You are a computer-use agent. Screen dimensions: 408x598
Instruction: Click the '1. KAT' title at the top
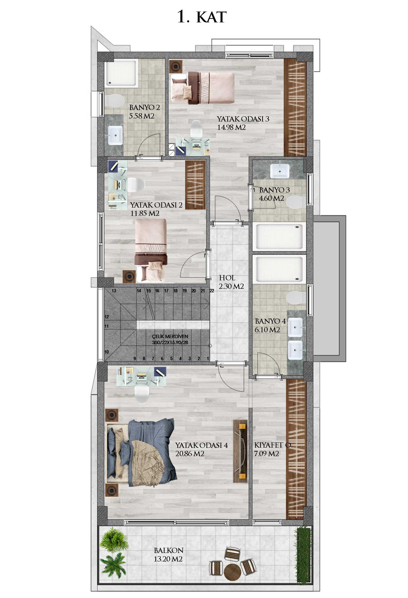[x=202, y=17]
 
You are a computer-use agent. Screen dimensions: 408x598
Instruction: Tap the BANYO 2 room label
[x=144, y=107]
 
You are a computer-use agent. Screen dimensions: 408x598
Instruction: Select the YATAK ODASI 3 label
[x=243, y=119]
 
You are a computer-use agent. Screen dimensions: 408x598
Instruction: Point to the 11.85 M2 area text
[x=145, y=213]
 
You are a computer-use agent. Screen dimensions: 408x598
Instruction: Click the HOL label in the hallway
[x=227, y=278]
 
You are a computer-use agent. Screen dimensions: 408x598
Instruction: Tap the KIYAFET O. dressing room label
[x=273, y=445]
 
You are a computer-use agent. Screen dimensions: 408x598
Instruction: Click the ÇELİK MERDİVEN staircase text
[x=170, y=336]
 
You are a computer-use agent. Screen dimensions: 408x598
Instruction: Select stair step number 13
[x=114, y=291]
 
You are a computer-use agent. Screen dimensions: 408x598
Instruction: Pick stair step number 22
[x=212, y=291]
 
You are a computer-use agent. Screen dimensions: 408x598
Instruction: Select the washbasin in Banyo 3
[x=279, y=171]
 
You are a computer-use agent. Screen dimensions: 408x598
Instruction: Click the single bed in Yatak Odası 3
[x=203, y=88]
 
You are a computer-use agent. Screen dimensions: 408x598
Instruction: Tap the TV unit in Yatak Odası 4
[x=240, y=451]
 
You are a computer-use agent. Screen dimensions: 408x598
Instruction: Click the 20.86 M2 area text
[x=190, y=454]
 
